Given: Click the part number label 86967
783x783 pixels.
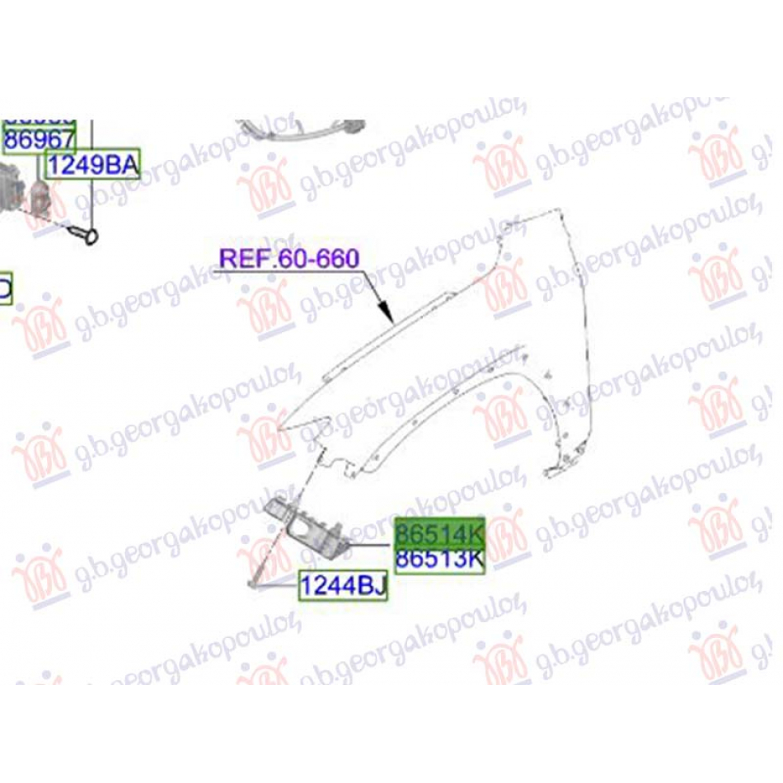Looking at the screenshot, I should tap(39, 140).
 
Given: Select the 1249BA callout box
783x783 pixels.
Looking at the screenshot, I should tap(91, 166).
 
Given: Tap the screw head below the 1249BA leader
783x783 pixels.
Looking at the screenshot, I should tap(89, 237).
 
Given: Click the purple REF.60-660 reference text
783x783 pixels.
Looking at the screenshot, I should tap(288, 259).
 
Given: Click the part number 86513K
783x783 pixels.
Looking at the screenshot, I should tap(439, 560).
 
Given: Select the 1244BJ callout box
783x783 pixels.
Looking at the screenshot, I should tap(342, 586).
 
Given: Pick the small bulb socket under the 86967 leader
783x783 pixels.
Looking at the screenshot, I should tap(40, 198).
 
